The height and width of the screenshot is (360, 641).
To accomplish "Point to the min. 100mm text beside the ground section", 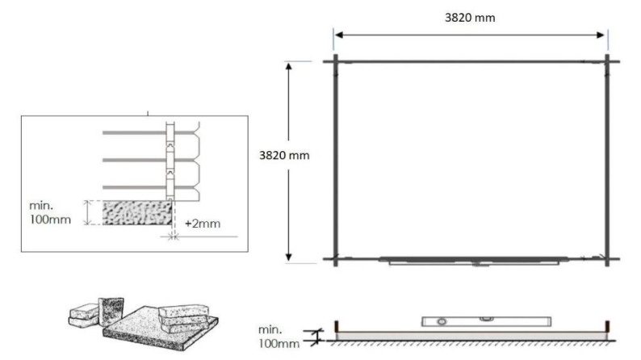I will (279, 337).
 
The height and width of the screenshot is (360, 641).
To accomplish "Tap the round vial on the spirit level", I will (442, 321).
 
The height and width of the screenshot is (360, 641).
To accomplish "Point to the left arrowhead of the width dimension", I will (339, 35).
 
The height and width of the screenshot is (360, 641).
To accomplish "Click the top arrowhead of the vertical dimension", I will (289, 65).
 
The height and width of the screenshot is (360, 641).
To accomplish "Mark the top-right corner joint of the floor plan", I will (607, 61).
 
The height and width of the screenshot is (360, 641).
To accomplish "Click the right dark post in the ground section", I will (608, 329).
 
